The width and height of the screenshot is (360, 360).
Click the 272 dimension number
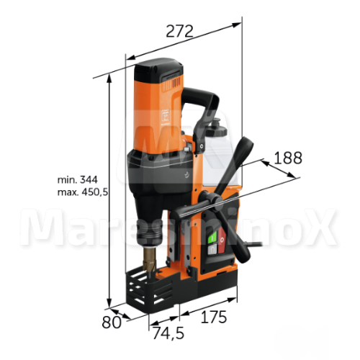pos(179,31)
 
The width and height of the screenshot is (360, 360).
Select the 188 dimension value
pos(288,158)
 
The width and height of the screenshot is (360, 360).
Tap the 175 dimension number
pos(214,317)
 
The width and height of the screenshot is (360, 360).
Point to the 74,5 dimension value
pos(168,333)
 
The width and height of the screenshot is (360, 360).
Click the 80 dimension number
pos(112,323)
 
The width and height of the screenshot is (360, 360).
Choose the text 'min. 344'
pos(78,179)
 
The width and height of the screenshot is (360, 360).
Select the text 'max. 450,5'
pos(83,192)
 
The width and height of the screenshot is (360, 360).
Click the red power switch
pos(222,240)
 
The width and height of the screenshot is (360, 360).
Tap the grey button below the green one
pos(212,250)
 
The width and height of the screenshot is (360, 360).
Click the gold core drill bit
pos(150,261)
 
